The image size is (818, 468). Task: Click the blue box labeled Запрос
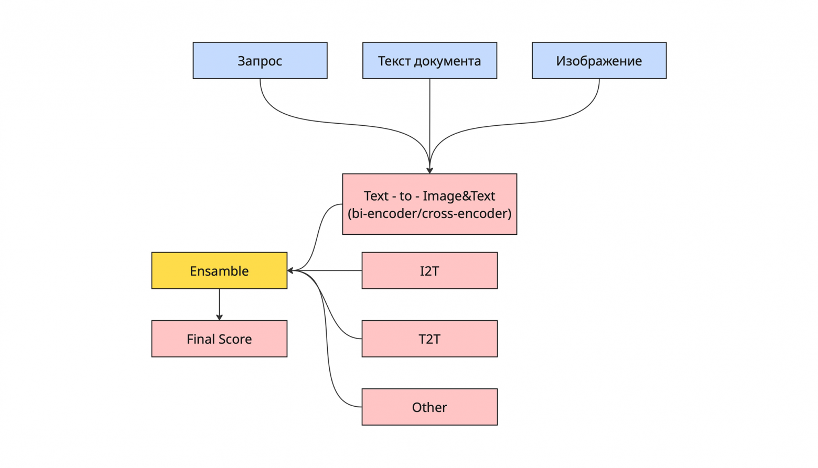click(x=260, y=61)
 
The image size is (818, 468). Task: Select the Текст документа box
click(x=429, y=61)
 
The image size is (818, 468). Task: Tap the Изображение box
click(x=599, y=61)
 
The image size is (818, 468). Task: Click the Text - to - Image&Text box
click(x=429, y=204)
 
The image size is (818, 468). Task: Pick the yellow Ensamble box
click(x=219, y=270)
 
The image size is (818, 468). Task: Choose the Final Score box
click(x=219, y=339)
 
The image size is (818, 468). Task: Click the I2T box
click(x=429, y=270)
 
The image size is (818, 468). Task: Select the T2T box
click(x=429, y=339)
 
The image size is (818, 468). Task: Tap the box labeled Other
click(x=429, y=407)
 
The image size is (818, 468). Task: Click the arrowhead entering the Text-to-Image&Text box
click(x=429, y=170)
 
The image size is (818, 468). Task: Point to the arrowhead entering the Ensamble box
click(x=290, y=270)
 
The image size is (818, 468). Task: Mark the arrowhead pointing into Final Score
click(x=219, y=317)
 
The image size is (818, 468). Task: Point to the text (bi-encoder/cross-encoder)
click(x=429, y=213)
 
